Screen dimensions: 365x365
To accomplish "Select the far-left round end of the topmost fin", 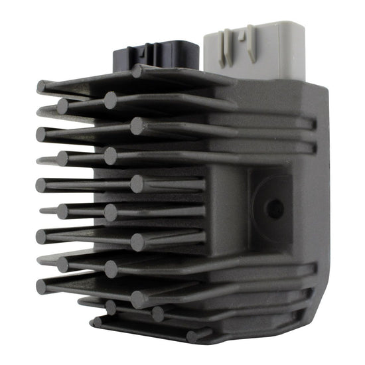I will (41, 86).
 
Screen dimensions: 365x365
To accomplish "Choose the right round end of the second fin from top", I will (110, 100).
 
